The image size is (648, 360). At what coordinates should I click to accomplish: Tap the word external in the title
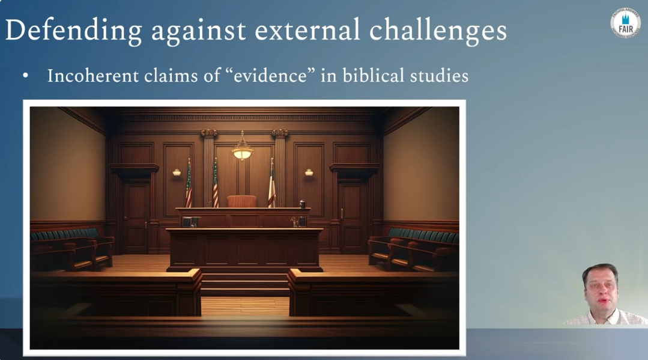click(x=307, y=31)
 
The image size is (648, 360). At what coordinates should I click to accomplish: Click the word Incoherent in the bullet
click(x=93, y=76)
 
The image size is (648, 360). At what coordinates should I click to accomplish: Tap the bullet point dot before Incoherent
click(x=26, y=76)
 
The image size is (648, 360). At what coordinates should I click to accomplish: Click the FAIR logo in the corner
click(x=625, y=23)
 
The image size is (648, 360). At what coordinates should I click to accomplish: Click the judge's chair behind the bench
click(x=242, y=201)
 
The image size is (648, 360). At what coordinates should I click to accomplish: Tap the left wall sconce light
click(x=177, y=172)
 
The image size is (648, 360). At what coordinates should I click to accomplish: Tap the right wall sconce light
click(x=309, y=172)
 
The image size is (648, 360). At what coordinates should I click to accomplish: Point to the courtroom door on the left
click(x=135, y=217)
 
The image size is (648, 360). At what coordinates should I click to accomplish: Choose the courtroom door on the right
click(x=352, y=217)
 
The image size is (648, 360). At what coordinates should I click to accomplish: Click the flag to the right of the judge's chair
click(x=271, y=183)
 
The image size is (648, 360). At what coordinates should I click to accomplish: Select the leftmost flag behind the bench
click(x=189, y=183)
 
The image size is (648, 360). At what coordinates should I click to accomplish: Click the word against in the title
click(x=198, y=32)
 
